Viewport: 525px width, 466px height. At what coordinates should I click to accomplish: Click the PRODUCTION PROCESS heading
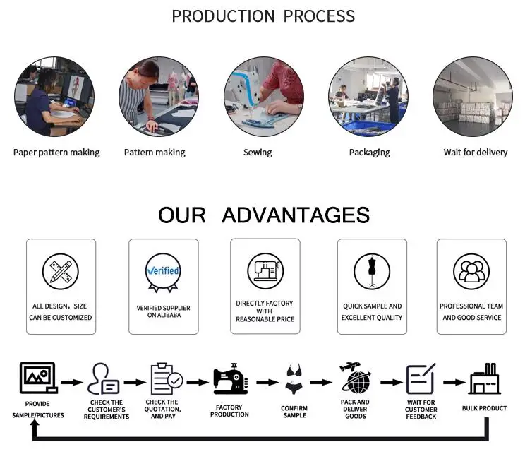pos(263,16)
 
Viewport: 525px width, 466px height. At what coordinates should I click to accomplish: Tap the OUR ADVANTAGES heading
pos(263,215)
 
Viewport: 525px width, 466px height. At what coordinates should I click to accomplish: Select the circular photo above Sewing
pos(264,97)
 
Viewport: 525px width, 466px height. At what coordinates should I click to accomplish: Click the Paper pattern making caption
pos(56,153)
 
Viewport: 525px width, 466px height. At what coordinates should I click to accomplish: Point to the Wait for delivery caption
pos(476,153)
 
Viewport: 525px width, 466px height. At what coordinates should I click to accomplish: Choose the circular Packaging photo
pos(368,97)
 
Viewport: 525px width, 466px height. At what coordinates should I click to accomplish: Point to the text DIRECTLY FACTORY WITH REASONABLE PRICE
pos(265,311)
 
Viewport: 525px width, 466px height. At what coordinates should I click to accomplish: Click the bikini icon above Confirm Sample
pos(294,379)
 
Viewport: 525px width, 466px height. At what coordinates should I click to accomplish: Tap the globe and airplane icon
pos(356,378)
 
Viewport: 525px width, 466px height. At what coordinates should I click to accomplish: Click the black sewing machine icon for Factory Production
pos(230,378)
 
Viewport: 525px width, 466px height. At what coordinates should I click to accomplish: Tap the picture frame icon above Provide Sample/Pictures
pos(38,378)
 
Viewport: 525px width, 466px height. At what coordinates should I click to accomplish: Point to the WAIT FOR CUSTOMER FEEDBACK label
pos(421,410)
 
